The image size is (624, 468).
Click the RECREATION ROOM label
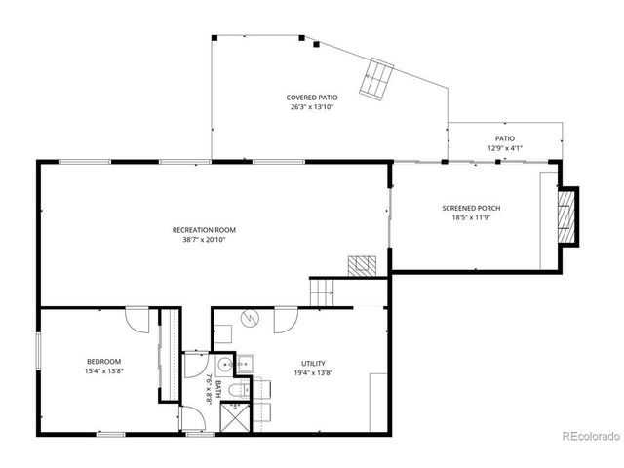[x=204, y=230]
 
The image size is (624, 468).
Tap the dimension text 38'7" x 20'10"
[x=204, y=240]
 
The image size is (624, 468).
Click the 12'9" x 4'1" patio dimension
[x=505, y=148]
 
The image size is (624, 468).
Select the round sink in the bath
[x=226, y=366]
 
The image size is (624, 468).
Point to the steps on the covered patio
[x=376, y=78]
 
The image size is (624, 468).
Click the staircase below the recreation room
[x=322, y=291]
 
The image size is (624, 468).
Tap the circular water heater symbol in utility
[x=249, y=318]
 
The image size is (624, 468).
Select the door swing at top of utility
[x=287, y=319]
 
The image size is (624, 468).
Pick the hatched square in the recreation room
[x=363, y=263]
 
